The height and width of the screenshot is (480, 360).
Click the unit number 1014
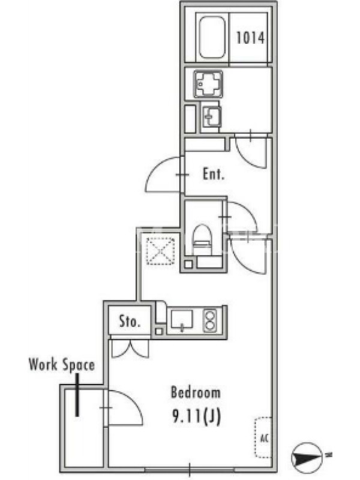point(250,38)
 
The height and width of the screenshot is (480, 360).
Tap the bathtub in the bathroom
point(212,37)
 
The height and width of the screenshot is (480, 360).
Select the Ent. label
point(214,174)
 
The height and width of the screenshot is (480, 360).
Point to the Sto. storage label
point(130,321)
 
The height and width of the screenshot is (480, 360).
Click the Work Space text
point(62,365)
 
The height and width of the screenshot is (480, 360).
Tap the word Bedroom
point(196,392)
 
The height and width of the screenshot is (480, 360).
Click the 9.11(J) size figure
point(197,416)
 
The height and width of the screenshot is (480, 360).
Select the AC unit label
point(265,438)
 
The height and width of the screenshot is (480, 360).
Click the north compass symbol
point(307,458)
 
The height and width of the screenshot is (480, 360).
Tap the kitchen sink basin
point(182,320)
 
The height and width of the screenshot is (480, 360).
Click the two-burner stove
point(210,320)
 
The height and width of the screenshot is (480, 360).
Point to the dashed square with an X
point(160,251)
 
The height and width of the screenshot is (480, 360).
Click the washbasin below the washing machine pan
point(212,116)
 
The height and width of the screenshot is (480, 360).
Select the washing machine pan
point(208,84)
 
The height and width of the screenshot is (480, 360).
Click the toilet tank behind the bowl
point(209,262)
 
